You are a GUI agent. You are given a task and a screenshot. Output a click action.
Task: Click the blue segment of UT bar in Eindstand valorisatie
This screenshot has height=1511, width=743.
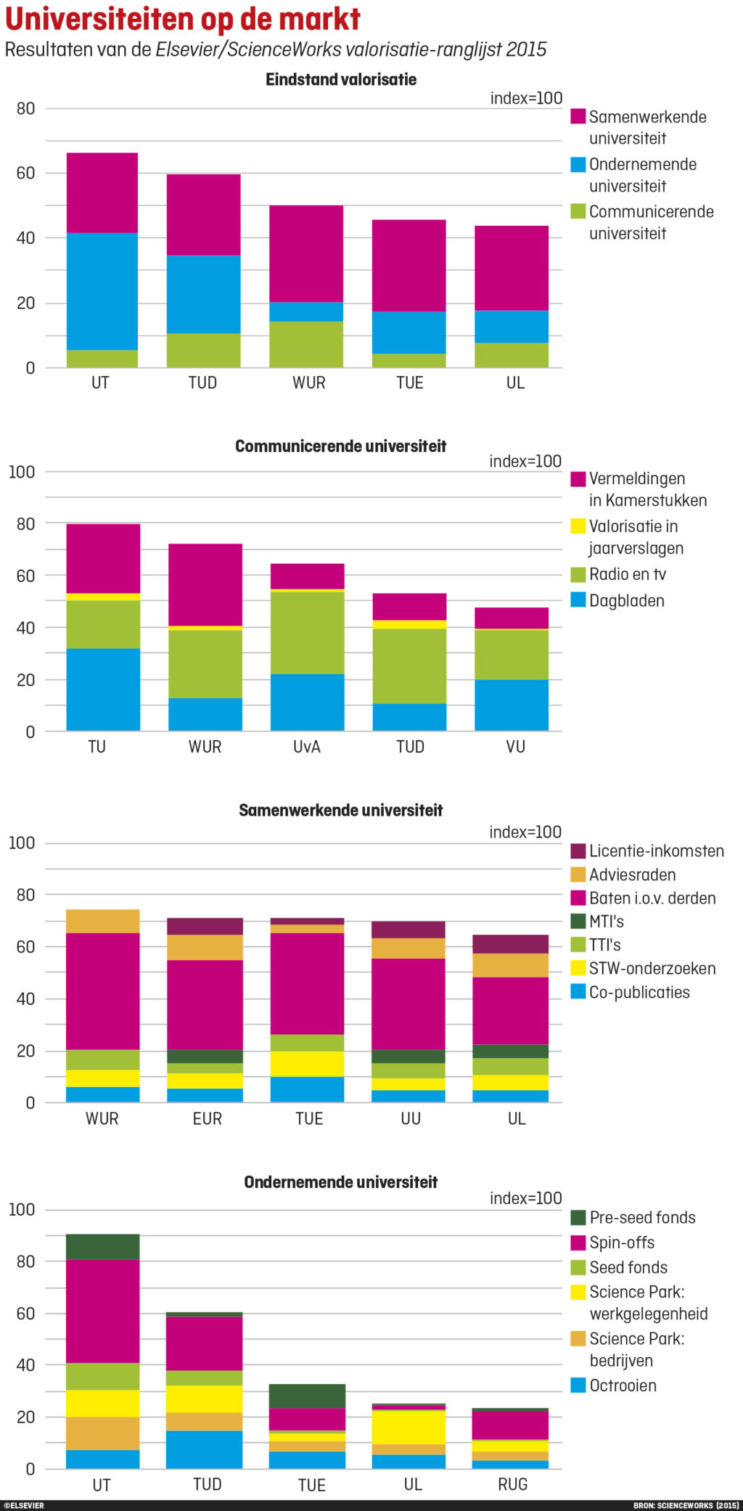pyautogui.click(x=102, y=291)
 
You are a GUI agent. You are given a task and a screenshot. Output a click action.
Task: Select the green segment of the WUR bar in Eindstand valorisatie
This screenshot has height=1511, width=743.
pyautogui.click(x=306, y=344)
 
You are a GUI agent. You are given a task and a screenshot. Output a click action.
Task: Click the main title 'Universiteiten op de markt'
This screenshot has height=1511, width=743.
pyautogui.click(x=183, y=19)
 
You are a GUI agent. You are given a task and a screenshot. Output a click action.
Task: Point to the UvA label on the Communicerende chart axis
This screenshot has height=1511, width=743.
pyautogui.click(x=307, y=747)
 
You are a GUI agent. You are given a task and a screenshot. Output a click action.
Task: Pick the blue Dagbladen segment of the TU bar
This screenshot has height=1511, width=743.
pyautogui.click(x=103, y=689)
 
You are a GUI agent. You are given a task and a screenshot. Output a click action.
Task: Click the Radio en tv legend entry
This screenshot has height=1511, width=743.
pyautogui.click(x=626, y=575)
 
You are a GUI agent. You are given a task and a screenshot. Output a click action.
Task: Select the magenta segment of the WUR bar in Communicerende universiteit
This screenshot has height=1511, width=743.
pyautogui.click(x=205, y=584)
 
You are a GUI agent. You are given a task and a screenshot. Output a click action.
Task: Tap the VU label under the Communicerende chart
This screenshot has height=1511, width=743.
pyautogui.click(x=515, y=747)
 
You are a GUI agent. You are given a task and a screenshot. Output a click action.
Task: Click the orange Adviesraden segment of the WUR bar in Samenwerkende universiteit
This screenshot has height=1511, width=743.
pyautogui.click(x=102, y=921)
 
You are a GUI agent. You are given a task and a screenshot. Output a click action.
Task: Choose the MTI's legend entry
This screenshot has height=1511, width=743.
pyautogui.click(x=605, y=922)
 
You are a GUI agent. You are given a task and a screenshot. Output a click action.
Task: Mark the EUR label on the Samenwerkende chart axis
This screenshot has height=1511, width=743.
pyautogui.click(x=208, y=1118)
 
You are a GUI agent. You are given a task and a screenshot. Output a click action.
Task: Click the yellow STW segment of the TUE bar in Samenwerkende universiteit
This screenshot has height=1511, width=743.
pyautogui.click(x=308, y=1064)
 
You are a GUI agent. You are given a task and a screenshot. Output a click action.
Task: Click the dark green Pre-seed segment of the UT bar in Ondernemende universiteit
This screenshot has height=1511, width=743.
pyautogui.click(x=102, y=1246)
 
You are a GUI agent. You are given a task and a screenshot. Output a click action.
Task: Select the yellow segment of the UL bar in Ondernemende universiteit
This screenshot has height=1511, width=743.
pyautogui.click(x=409, y=1427)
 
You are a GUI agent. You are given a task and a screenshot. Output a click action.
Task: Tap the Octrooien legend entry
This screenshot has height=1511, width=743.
pyautogui.click(x=622, y=1385)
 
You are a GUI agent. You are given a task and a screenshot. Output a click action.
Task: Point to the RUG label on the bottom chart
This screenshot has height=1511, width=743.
pyautogui.click(x=512, y=1484)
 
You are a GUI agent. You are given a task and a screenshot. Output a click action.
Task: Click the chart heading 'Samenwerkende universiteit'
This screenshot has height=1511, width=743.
pyautogui.click(x=340, y=811)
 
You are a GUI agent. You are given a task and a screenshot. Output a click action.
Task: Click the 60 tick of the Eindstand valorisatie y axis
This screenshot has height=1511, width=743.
pyautogui.click(x=26, y=173)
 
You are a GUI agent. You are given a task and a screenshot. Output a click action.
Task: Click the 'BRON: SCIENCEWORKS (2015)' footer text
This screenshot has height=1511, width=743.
pyautogui.click(x=686, y=1506)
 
